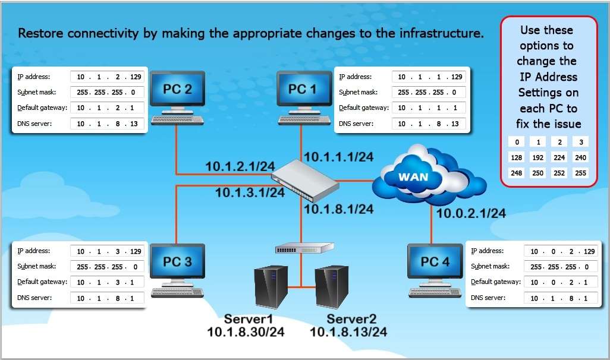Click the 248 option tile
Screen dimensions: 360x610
(x=517, y=173)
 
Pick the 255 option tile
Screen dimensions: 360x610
(x=580, y=173)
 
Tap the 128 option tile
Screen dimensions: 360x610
(x=517, y=157)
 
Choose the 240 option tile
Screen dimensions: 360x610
(x=580, y=157)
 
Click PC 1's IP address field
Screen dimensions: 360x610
(x=429, y=77)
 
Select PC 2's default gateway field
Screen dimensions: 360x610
(x=107, y=108)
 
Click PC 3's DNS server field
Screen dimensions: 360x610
(x=107, y=298)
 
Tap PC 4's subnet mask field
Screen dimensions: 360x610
(x=560, y=266)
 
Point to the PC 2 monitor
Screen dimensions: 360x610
(x=177, y=91)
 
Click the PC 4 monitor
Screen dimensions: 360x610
(x=435, y=263)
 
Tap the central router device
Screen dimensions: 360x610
(x=306, y=180)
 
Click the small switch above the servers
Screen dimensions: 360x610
(x=304, y=248)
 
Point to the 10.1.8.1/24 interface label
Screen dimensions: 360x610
(x=338, y=209)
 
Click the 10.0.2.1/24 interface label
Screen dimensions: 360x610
(x=471, y=213)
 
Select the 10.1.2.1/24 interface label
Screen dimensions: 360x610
(x=241, y=167)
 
